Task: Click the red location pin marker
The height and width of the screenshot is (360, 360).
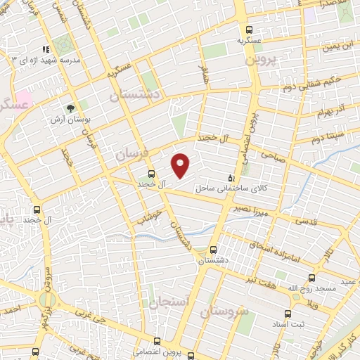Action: point(181,165)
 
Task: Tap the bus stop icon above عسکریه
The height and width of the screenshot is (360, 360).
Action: point(250,29)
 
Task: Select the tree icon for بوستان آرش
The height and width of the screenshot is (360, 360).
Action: point(70,108)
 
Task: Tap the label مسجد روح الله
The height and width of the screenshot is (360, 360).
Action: point(290,289)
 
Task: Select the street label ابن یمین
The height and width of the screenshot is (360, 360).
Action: point(336,47)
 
